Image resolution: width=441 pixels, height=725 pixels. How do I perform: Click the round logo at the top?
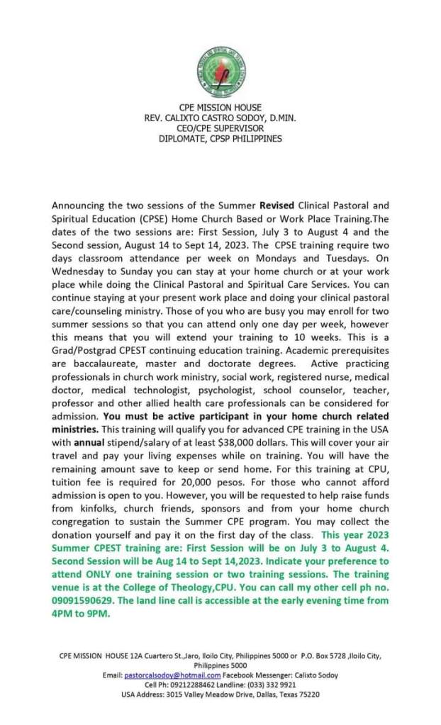[x=221, y=72]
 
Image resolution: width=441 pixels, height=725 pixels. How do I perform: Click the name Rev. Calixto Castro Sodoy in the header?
[x=220, y=118]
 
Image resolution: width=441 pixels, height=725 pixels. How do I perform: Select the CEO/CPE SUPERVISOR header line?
[x=220, y=128]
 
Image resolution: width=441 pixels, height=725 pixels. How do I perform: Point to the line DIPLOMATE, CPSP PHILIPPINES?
[x=220, y=139]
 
